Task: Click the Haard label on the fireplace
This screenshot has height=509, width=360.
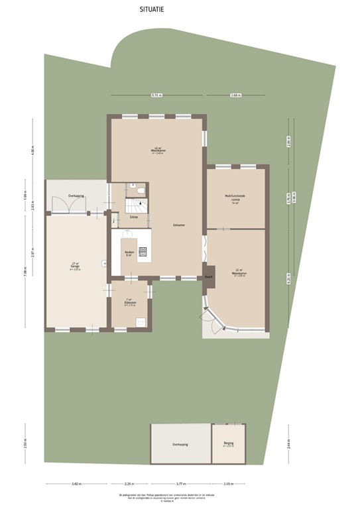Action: (x=208, y=276)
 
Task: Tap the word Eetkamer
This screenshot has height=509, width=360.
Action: (x=179, y=225)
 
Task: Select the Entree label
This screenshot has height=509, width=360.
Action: (x=133, y=217)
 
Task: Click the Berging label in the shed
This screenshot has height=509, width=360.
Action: (x=229, y=444)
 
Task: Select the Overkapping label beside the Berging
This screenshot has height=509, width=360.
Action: (x=180, y=444)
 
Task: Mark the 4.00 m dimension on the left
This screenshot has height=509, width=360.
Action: (x=31, y=152)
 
